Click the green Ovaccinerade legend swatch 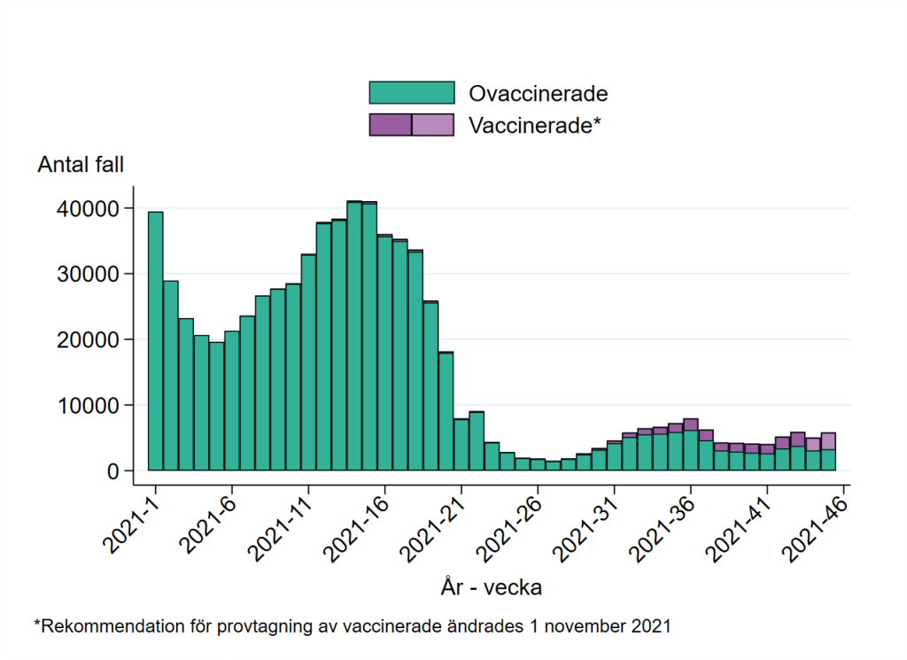[411, 93]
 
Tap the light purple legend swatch [433, 125]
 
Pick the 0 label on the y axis [112, 471]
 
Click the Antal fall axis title [81, 165]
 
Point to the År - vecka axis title [491, 586]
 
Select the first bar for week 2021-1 [155, 341]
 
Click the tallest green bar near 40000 [354, 337]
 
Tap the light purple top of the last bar [828, 441]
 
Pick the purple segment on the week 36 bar [691, 424]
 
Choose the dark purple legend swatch [391, 125]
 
